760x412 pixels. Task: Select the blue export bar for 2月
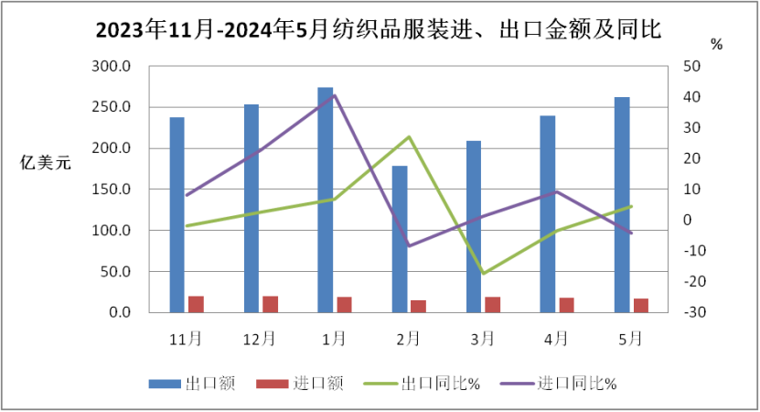tap(400, 239)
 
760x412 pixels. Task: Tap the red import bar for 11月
tap(196, 304)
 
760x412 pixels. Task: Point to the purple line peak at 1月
tap(335, 94)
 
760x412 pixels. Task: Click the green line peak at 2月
tap(409, 136)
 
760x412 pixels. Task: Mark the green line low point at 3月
tap(483, 273)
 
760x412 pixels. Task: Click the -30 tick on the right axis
tap(691, 312)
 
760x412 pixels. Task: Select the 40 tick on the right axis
tap(691, 97)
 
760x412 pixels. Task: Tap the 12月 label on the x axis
tap(260, 339)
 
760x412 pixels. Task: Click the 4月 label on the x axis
tap(556, 339)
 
